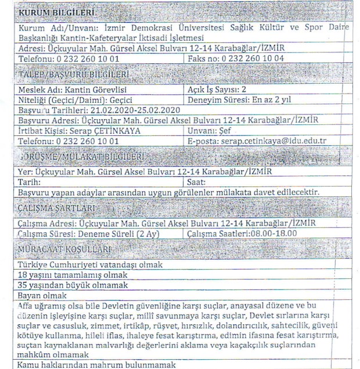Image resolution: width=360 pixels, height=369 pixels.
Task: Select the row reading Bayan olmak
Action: point(39,294)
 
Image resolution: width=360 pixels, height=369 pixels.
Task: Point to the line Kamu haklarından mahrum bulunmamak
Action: point(96,364)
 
